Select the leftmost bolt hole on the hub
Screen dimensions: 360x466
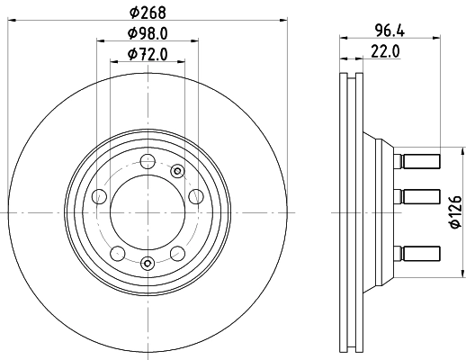point(100,196)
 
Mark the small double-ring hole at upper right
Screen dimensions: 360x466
point(176,171)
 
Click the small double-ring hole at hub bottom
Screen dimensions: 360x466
point(147,264)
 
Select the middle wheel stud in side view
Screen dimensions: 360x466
point(415,196)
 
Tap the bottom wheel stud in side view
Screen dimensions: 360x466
point(415,253)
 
